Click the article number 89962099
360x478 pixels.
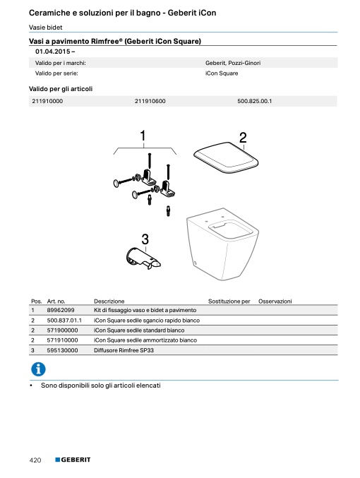(x=61, y=310)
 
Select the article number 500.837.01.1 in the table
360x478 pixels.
(x=64, y=321)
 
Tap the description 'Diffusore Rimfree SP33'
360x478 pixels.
(x=124, y=350)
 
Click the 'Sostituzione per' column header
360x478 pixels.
(x=229, y=301)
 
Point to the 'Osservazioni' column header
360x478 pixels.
(x=275, y=301)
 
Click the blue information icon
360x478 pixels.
(x=38, y=369)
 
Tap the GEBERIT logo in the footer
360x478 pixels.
(x=73, y=460)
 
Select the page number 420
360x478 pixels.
(x=35, y=460)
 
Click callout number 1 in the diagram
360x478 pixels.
(x=143, y=136)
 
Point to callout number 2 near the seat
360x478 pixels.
(x=243, y=138)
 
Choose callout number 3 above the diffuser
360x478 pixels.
(x=145, y=239)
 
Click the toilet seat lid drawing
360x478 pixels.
(x=226, y=157)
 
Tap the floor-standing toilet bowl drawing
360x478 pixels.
(x=222, y=244)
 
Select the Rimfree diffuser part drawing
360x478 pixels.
(x=143, y=259)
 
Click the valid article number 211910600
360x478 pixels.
(x=150, y=101)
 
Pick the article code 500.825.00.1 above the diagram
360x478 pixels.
(x=255, y=101)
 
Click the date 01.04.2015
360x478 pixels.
(x=53, y=52)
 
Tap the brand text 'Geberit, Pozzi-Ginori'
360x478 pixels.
(x=233, y=63)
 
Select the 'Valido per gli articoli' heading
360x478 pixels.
(x=61, y=89)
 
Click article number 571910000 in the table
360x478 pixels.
(x=62, y=340)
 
